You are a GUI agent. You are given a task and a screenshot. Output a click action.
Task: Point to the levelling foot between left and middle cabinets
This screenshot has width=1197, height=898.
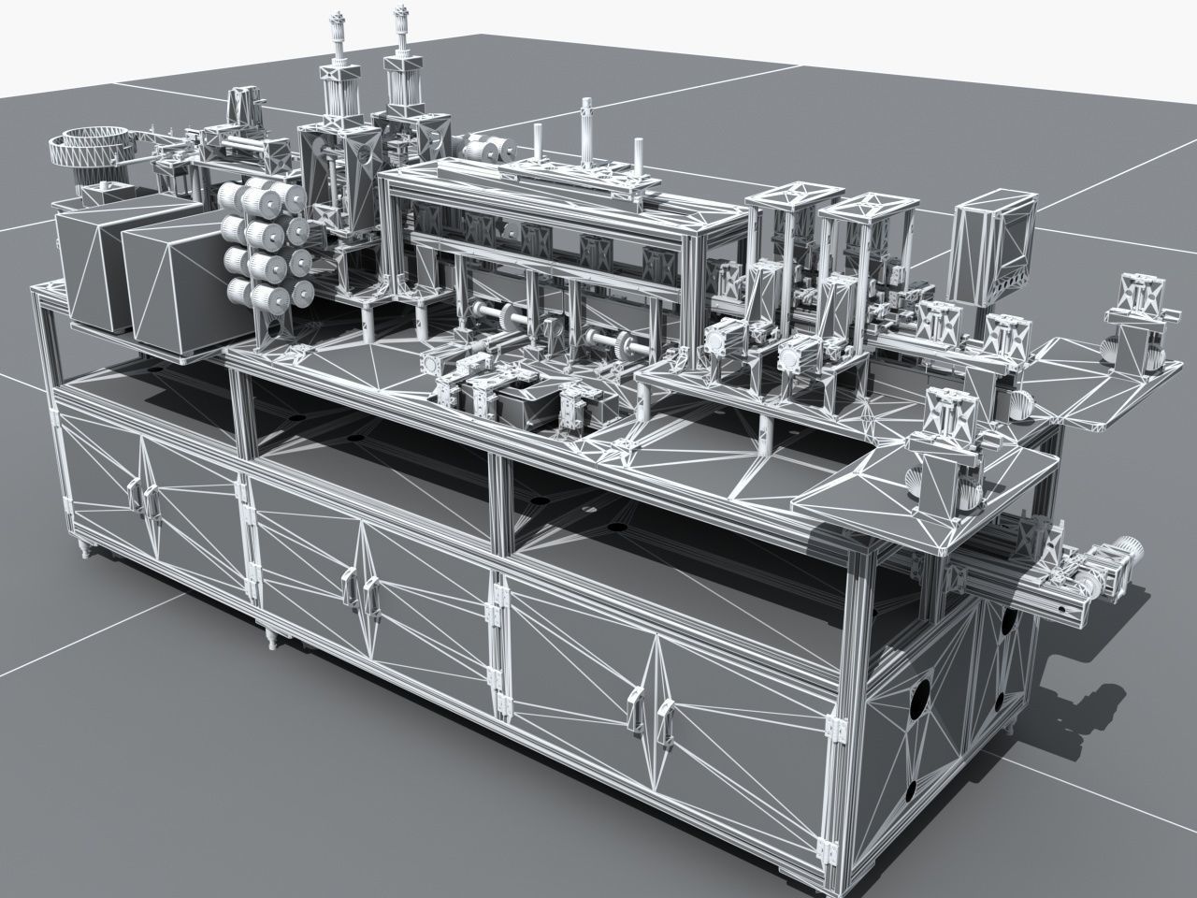(270, 638)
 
